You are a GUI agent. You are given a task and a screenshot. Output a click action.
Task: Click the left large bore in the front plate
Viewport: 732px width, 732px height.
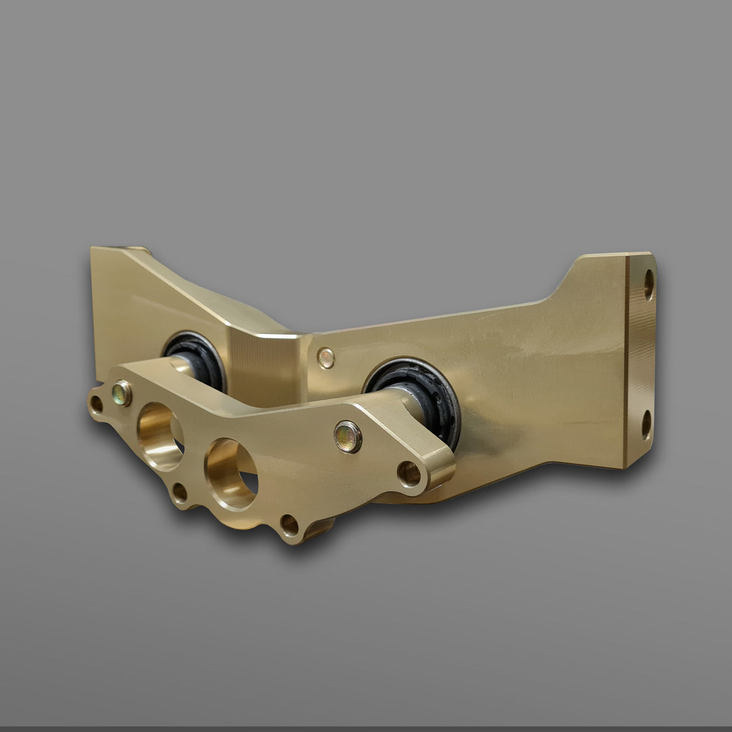160,435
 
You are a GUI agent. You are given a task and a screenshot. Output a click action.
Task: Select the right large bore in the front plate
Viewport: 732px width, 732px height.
231,474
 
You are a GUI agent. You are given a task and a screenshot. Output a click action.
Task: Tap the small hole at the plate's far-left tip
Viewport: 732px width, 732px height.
96,405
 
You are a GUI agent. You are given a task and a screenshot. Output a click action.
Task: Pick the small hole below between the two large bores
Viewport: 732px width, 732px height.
179,493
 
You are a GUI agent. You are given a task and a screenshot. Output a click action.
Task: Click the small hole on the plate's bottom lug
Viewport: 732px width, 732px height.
289,524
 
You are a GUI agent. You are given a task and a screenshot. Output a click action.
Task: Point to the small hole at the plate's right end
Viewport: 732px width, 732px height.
409,473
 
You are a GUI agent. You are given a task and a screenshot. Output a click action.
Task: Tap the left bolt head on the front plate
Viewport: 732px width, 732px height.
122,393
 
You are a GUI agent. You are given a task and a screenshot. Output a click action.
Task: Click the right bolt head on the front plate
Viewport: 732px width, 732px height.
348,436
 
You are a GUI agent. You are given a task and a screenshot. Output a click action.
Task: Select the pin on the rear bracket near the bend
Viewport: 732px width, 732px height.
326,358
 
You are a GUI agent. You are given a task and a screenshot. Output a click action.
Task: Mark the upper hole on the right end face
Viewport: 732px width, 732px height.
649,284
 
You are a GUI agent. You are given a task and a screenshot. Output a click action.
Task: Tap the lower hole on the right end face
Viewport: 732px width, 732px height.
647,424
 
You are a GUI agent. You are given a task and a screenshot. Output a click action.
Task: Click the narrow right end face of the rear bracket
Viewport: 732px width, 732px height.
639,359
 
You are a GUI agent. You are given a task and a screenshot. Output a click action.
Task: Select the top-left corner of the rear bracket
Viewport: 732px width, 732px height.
95,252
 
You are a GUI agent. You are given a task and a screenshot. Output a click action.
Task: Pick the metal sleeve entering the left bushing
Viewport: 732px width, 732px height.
182,366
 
